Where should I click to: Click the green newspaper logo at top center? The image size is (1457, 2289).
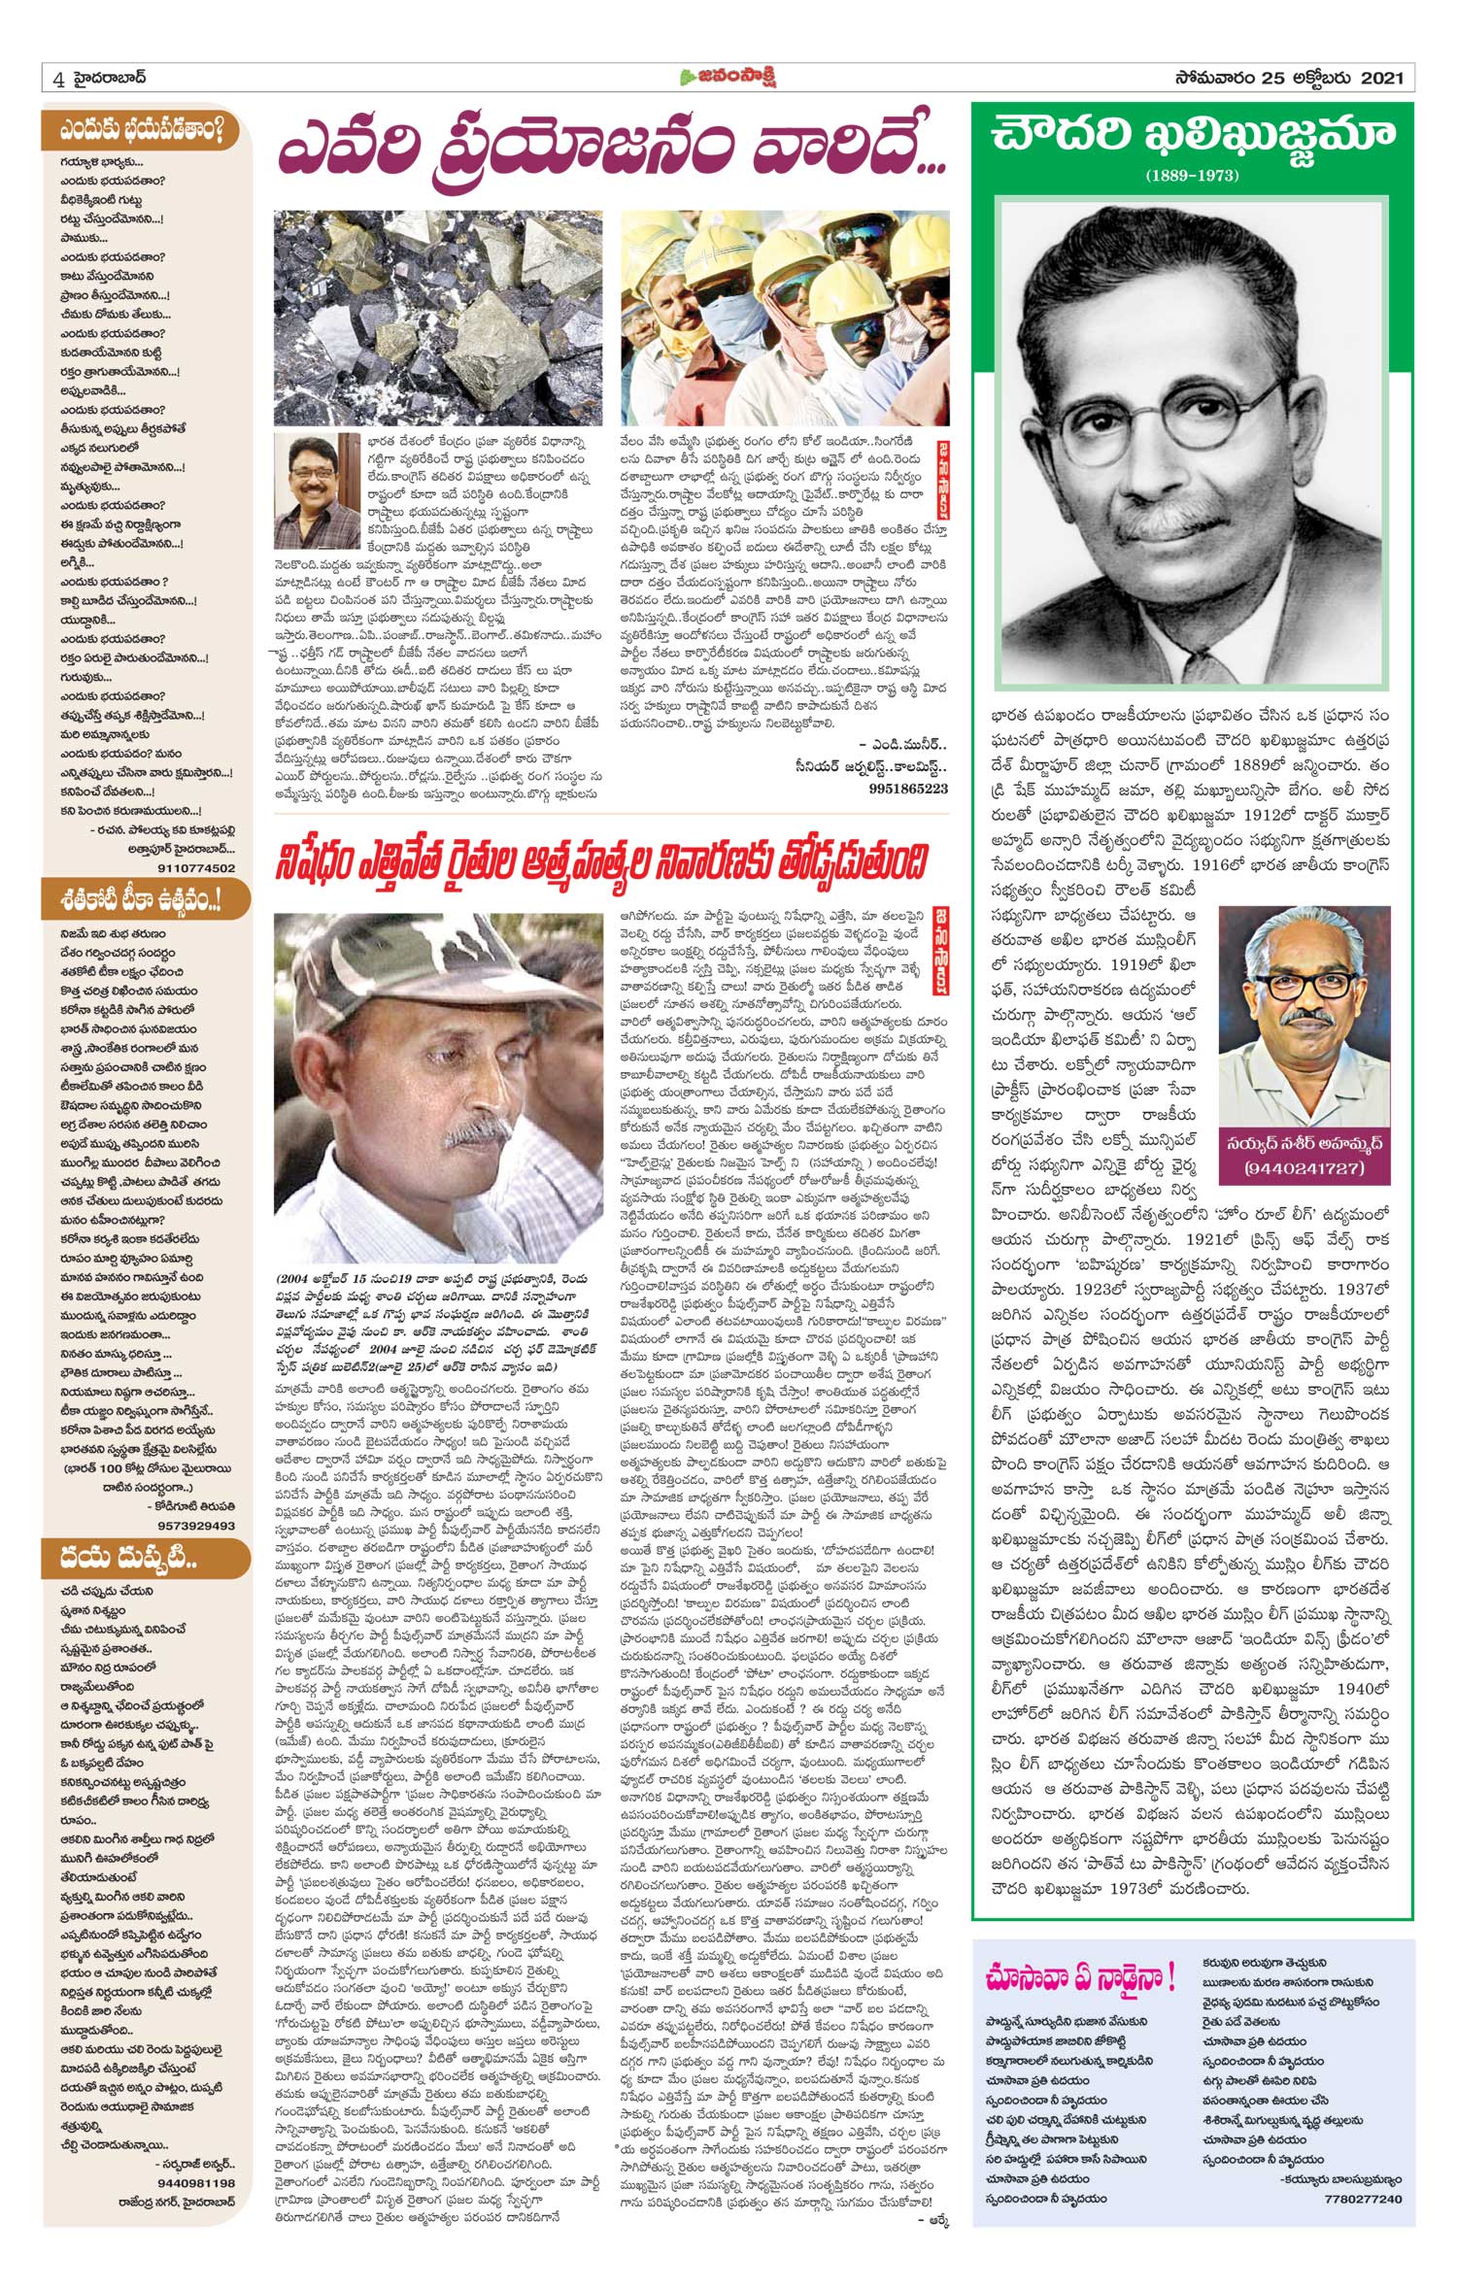pos(728,78)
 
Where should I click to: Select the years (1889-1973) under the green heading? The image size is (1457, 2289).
pos(1193,176)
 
